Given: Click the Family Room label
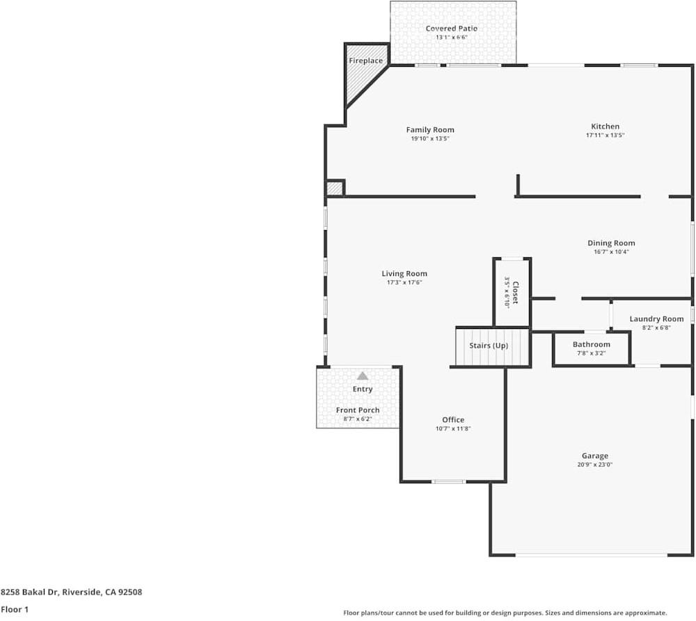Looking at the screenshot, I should pos(430,129).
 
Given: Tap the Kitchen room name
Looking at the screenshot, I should pos(605,127).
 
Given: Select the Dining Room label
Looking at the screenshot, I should pos(611,243).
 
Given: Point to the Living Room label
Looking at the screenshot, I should pos(404,274).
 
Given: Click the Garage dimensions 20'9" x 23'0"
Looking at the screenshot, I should pos(594,465).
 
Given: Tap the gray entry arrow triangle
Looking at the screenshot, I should pos(362,376).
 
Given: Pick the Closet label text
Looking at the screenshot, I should pos(515,293).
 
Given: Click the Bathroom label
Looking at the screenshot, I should pos(591,344).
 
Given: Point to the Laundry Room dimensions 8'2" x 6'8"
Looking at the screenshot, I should pos(656,328).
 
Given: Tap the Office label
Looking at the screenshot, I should pos(453,420).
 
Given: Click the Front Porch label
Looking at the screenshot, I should pos(358,410).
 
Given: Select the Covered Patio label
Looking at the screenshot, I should pos(452,29).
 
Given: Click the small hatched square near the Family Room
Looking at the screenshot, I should pos(334,188).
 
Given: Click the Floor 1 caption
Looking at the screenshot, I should pos(15,610).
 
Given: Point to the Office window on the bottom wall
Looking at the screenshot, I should pos(448,481).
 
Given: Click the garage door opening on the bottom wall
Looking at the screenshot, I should pos(591,555).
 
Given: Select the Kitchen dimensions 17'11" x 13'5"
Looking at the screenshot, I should pos(605,136).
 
